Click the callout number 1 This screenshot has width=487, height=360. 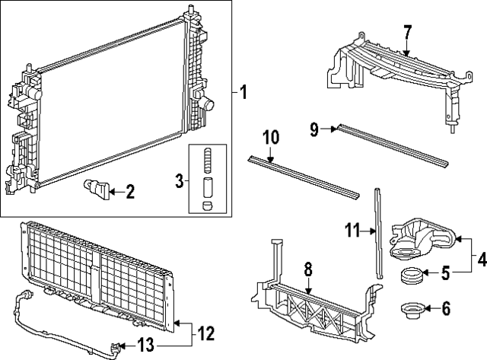(243, 94)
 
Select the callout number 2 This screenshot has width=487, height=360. (129, 192)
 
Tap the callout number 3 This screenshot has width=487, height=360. (179, 180)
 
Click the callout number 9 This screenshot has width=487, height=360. (313, 129)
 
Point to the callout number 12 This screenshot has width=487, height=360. (205, 333)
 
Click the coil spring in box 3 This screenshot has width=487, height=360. (206, 162)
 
